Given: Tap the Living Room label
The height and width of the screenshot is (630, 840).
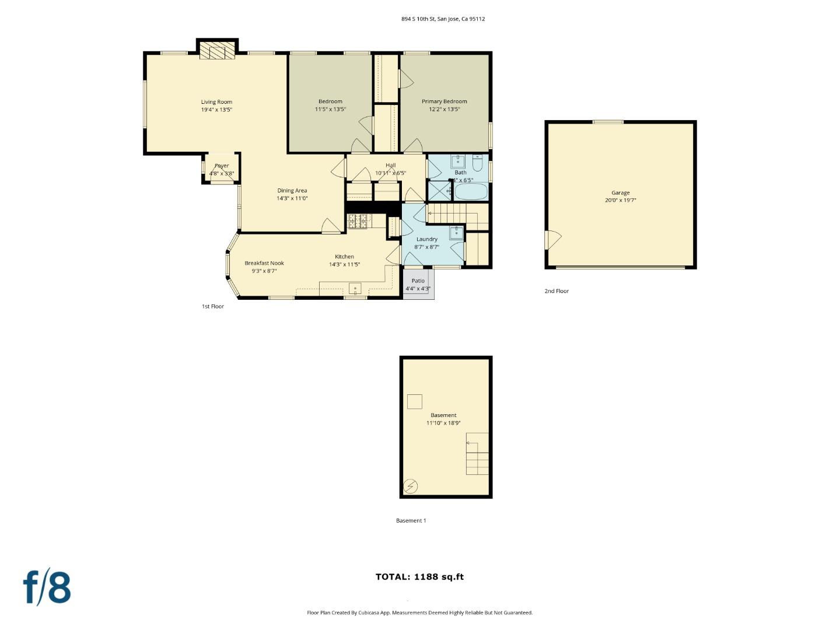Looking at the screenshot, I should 216,102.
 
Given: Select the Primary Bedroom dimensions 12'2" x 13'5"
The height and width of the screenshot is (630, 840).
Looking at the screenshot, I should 444,109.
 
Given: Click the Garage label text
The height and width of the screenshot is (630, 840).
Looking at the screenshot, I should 620,192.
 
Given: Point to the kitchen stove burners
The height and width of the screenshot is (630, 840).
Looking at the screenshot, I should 358,220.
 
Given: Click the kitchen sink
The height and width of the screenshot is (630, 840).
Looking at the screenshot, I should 355,289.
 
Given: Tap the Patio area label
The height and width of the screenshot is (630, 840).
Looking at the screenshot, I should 418,281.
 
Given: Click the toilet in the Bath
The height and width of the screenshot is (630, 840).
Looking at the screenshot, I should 478,163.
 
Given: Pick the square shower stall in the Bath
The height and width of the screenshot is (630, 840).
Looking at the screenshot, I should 439,191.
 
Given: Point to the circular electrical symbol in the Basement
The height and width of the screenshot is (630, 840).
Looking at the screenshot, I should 410,485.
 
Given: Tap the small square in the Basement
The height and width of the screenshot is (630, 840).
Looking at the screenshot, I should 414,401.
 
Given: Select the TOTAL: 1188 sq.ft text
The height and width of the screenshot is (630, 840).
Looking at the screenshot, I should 419,577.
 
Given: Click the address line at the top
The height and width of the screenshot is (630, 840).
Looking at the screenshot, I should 443,19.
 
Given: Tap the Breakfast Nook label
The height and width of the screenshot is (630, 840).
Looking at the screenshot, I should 264,263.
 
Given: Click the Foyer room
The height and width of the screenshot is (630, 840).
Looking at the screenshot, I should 221,169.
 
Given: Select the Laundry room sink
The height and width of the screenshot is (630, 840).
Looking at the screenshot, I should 456,233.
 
